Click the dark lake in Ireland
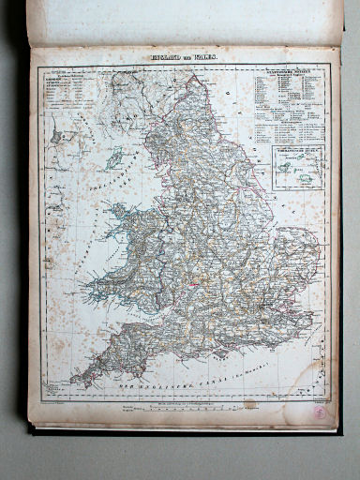57,137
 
